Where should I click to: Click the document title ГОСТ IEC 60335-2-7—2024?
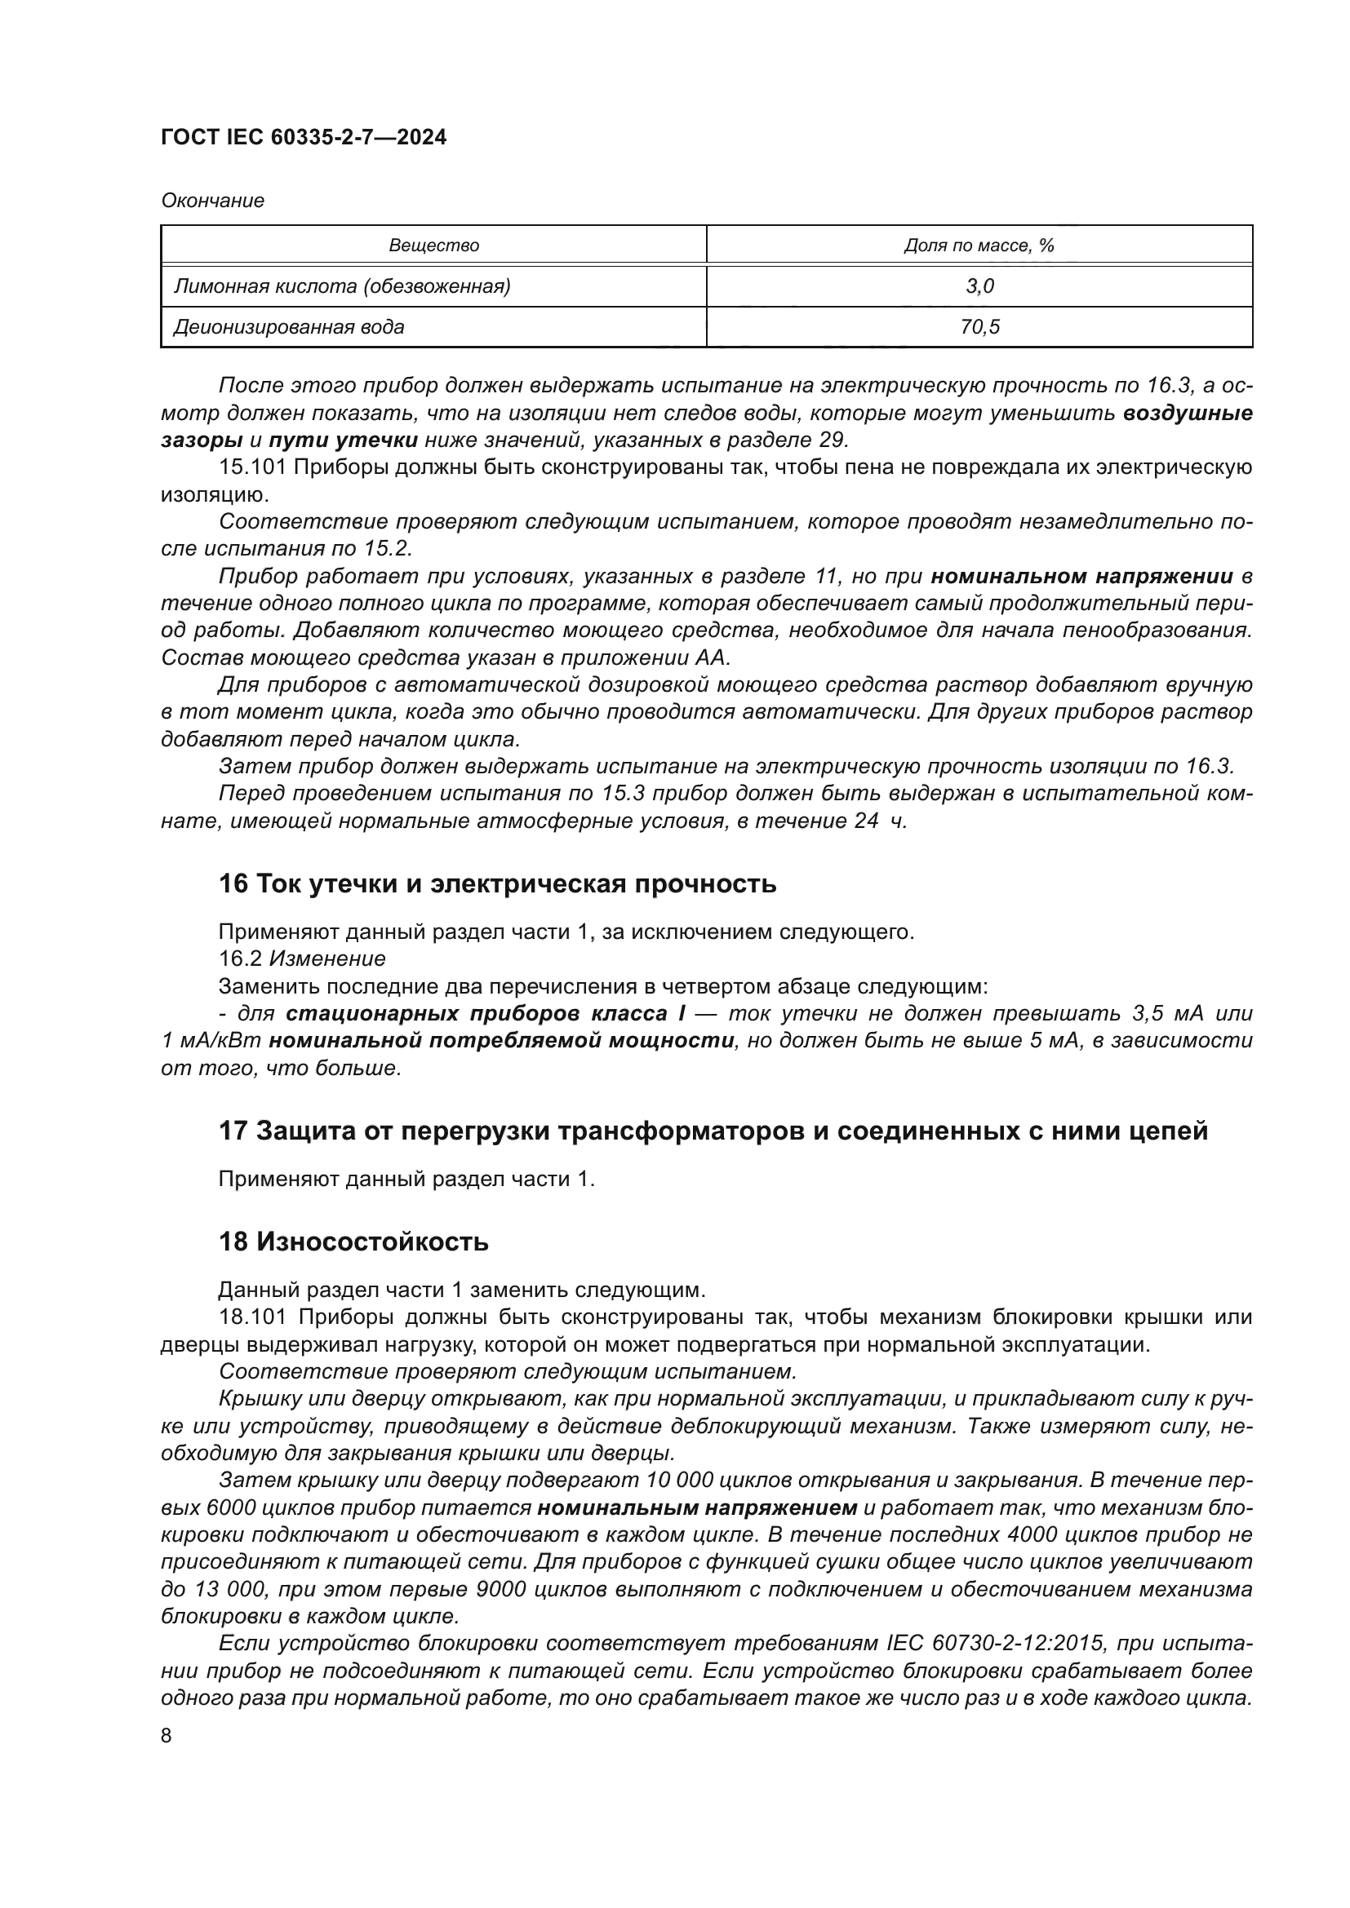coord(304,137)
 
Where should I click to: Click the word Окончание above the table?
coord(213,201)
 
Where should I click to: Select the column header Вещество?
coord(433,246)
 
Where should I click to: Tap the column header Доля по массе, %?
coord(979,246)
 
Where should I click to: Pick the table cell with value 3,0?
coord(979,286)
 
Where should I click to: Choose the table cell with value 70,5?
coord(979,327)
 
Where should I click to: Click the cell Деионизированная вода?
coord(288,327)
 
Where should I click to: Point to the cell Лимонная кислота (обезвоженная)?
coord(342,286)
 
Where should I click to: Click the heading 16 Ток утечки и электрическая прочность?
coord(497,883)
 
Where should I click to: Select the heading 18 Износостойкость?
coord(353,1242)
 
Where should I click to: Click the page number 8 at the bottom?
coord(167,1735)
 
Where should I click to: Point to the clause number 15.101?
coord(253,467)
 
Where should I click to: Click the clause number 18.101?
coord(253,1317)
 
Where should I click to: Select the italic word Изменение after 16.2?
coord(327,959)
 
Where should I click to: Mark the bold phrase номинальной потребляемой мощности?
coord(502,1040)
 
